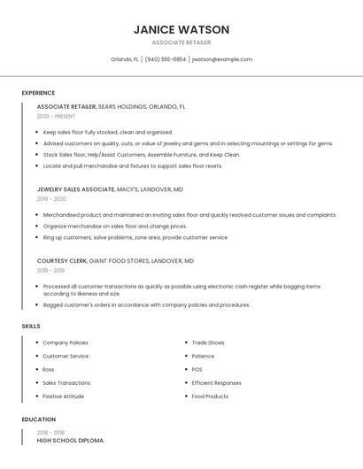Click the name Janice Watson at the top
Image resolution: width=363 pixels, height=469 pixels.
tap(181, 29)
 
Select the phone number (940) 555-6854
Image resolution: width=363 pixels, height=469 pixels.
tap(166, 59)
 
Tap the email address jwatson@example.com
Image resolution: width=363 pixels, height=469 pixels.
tap(222, 59)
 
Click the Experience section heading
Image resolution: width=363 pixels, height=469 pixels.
tap(38, 93)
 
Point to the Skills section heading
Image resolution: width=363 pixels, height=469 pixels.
tap(31, 326)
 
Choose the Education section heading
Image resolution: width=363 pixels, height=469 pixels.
tap(39, 419)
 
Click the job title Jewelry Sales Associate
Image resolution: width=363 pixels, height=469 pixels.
tap(76, 189)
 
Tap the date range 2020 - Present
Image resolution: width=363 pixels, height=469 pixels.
tap(56, 116)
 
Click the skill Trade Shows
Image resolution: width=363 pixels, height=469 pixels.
tap(208, 342)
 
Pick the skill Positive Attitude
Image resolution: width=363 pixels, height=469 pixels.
tap(64, 396)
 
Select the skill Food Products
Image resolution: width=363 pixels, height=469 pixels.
tap(210, 396)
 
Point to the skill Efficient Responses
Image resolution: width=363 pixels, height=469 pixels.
tap(216, 383)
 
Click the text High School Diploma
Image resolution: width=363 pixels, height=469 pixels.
tap(70, 440)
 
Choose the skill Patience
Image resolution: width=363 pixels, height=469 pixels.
tap(204, 356)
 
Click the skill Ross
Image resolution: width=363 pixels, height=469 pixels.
tap(49, 370)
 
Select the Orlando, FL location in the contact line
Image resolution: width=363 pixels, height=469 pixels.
tap(125, 59)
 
